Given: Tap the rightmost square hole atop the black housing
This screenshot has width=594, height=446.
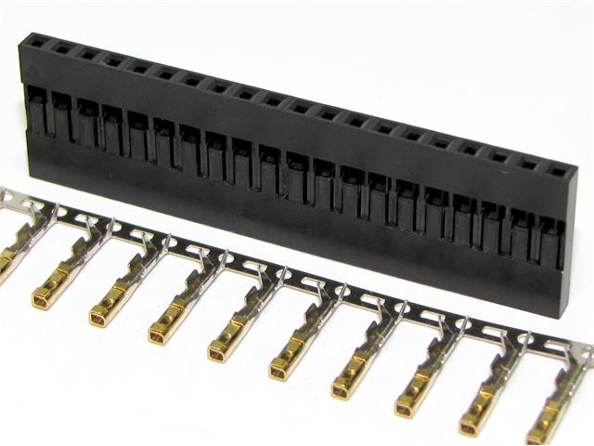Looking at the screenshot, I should [x=555, y=172].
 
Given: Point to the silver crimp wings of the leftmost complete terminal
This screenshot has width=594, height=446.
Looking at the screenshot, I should [x=89, y=243].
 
